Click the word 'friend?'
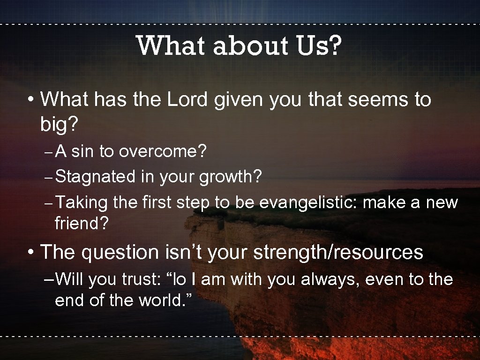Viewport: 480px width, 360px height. tap(82, 224)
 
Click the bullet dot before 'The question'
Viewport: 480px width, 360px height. tap(30, 253)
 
